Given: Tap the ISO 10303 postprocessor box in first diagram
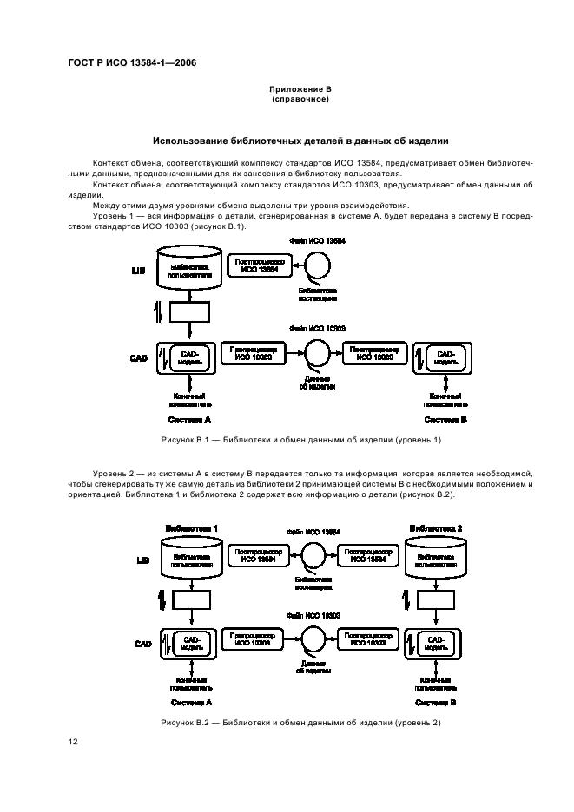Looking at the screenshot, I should pos(375,354).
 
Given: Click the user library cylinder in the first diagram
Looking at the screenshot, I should pos(191,268).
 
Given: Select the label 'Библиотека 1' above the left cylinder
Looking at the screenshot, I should pos(191,528).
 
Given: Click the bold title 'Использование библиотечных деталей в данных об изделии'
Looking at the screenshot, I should pos(300,141).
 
